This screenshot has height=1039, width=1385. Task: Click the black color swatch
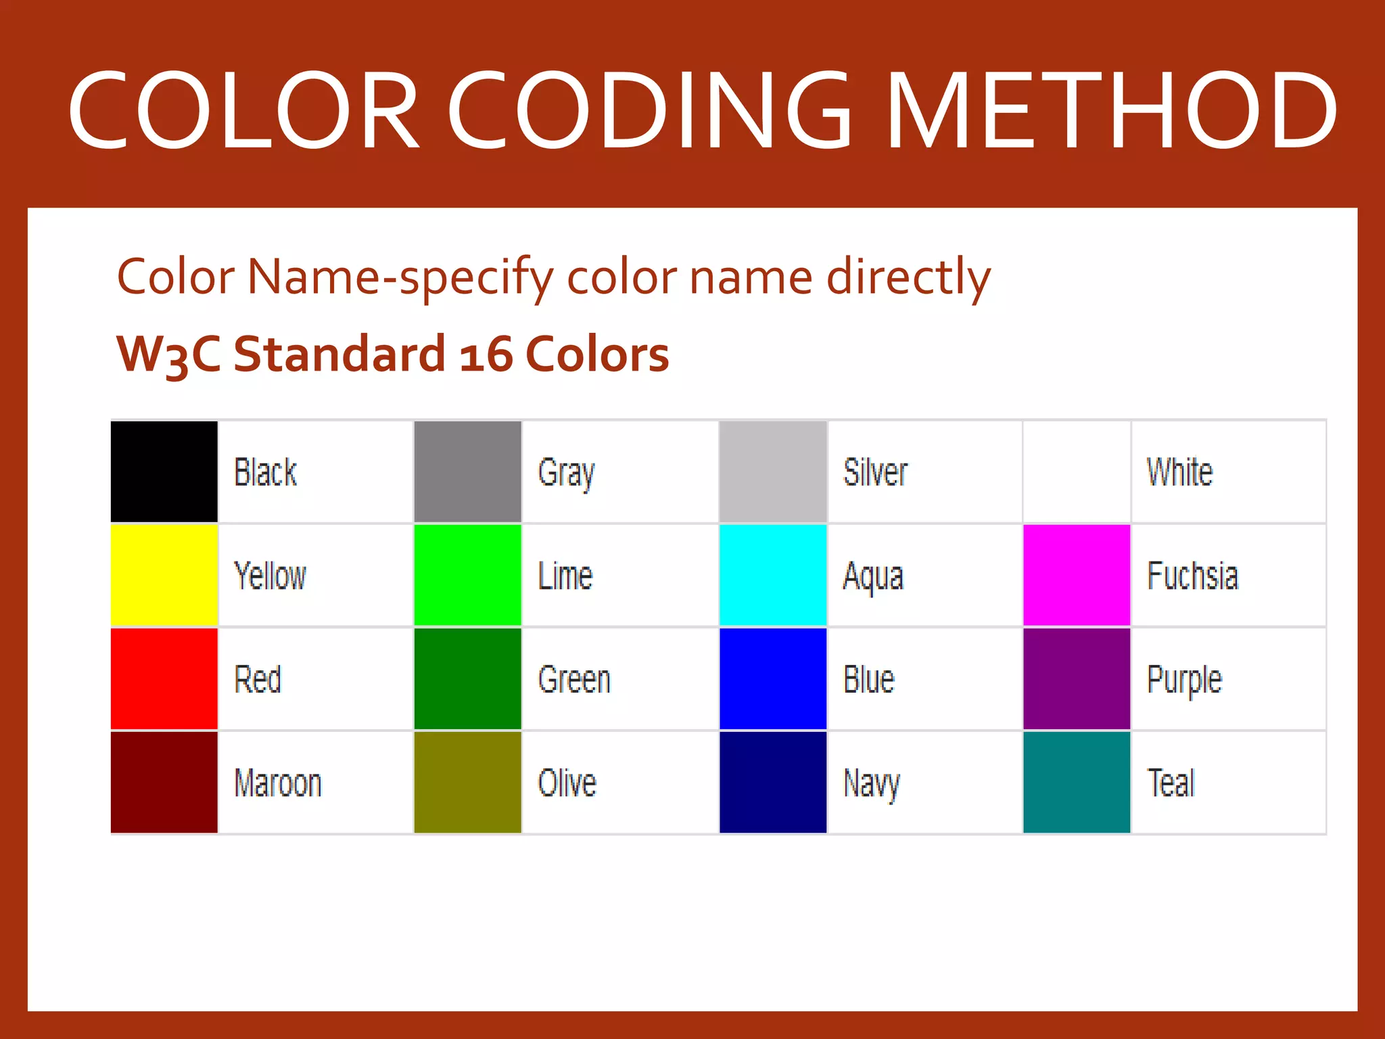164,471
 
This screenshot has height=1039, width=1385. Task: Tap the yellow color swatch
164,575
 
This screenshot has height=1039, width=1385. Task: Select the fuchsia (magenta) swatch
1077,575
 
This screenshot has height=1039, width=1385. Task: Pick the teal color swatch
1077,782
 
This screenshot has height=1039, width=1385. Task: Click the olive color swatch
467,782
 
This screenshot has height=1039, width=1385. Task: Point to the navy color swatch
773,782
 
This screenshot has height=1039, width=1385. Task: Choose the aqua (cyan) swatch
773,575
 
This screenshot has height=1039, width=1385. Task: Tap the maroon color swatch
164,782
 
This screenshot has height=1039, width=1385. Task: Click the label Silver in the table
875,472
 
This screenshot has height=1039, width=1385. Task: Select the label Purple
1184,680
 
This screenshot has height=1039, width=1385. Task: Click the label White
1179,472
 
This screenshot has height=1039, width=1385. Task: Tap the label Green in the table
574,680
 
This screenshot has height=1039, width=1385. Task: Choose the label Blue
869,680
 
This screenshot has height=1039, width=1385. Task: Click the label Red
258,680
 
